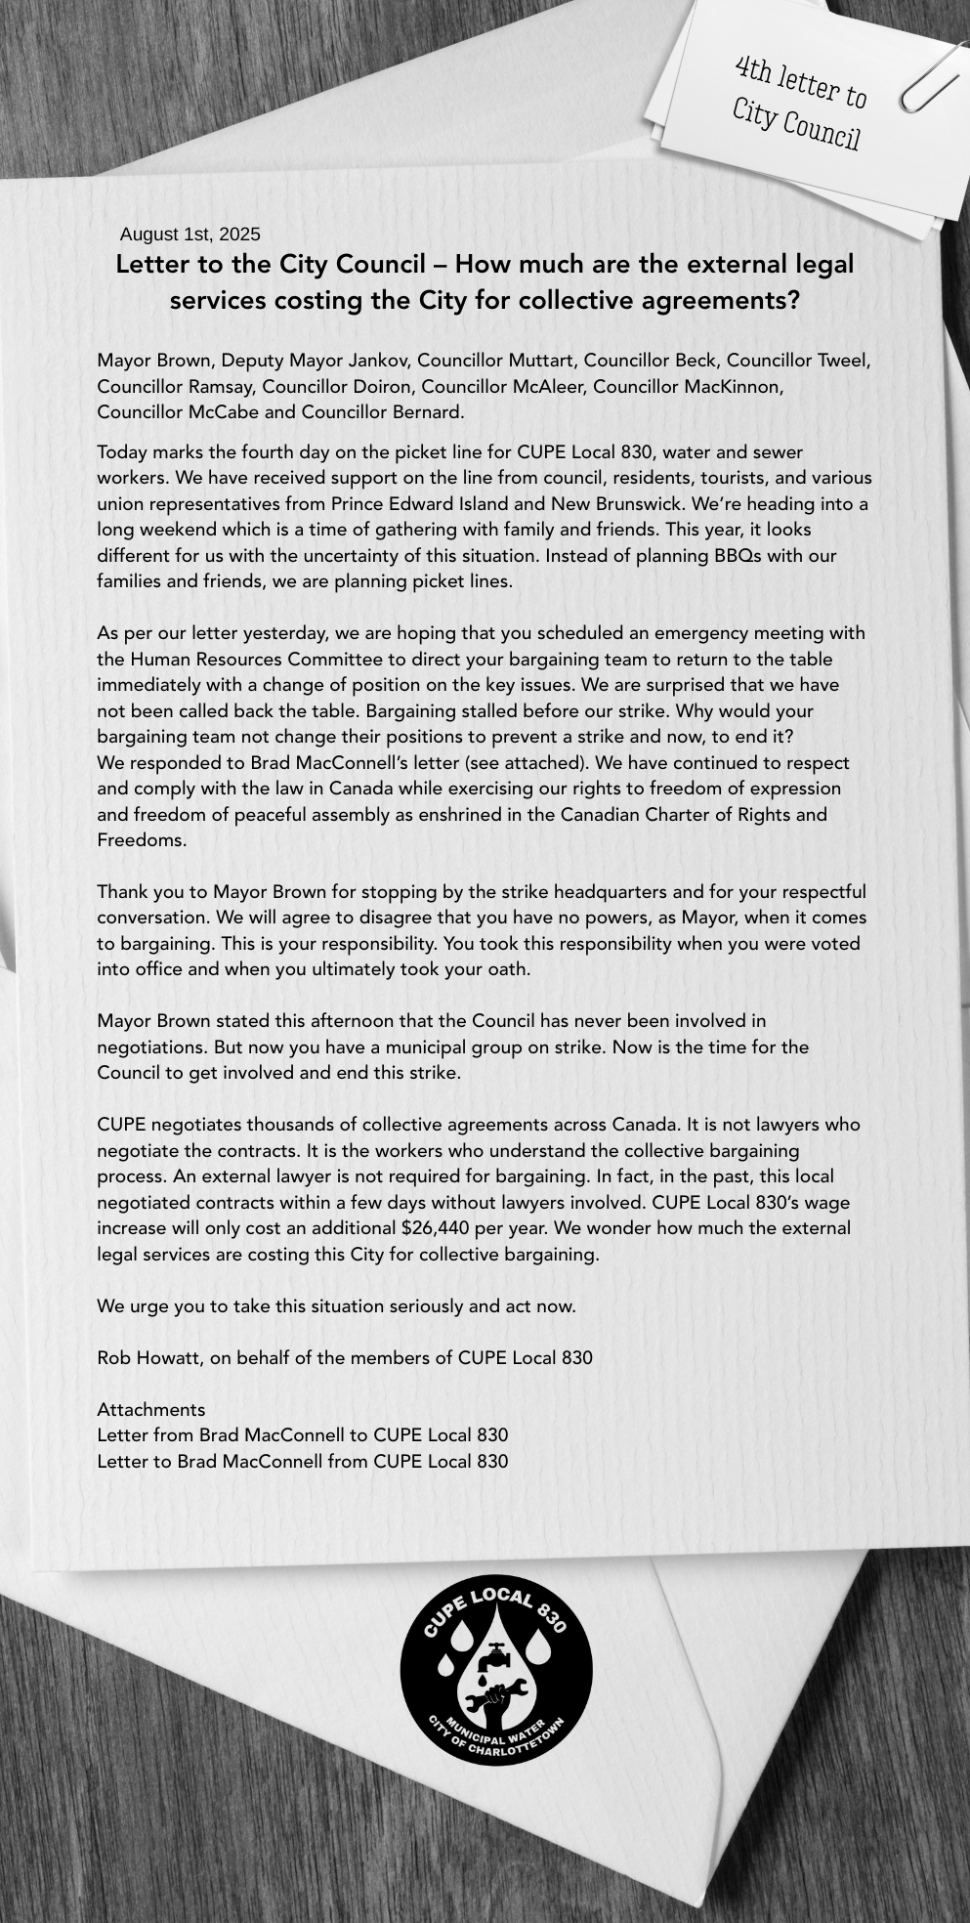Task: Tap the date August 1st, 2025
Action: tap(190, 235)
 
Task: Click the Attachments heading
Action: tap(151, 1409)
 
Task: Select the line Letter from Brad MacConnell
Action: tap(303, 1435)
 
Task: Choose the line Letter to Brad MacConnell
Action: tap(303, 1461)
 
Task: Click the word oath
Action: tap(507, 970)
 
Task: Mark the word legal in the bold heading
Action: tap(825, 265)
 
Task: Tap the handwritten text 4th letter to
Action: tap(801, 83)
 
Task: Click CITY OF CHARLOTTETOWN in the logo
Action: tap(498, 1749)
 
